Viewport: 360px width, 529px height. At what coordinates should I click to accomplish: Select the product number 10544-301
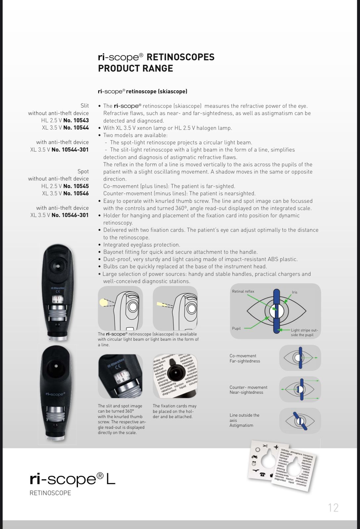(x=70, y=149)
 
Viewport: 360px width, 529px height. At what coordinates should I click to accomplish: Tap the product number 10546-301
(x=70, y=215)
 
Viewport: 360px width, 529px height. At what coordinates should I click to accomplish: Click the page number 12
(x=333, y=508)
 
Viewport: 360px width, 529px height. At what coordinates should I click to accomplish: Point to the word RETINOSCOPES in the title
(x=180, y=57)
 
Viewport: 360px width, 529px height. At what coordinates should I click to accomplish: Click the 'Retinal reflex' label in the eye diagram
(x=243, y=291)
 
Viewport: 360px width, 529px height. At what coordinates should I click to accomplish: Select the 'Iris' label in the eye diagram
(x=294, y=292)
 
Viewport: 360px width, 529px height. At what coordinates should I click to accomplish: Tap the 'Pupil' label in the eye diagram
(x=236, y=328)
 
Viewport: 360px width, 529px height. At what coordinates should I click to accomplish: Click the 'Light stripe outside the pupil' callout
(x=304, y=332)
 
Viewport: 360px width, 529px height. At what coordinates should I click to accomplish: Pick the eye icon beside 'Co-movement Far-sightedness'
(x=300, y=358)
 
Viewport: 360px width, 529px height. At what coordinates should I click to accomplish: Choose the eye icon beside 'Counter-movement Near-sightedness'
(x=300, y=389)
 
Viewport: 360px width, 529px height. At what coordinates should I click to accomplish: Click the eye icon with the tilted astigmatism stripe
(x=300, y=421)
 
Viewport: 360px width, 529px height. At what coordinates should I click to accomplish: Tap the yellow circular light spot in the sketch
(x=104, y=302)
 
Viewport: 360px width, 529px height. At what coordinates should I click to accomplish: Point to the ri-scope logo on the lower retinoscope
(x=55, y=394)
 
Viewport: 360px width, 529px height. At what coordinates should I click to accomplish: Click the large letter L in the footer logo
(x=111, y=479)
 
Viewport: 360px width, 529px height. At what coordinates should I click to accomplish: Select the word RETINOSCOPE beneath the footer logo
(x=50, y=493)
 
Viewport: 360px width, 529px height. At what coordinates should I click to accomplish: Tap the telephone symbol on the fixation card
(x=262, y=474)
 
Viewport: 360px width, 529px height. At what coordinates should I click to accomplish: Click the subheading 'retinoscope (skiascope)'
(x=157, y=91)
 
